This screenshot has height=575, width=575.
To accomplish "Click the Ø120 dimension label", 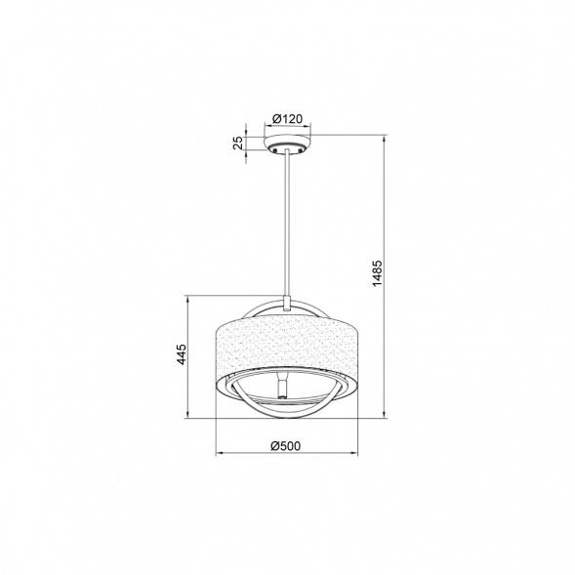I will click(287, 118).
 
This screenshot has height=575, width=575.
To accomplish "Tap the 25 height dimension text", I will click(237, 144).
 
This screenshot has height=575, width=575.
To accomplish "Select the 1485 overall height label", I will click(377, 277).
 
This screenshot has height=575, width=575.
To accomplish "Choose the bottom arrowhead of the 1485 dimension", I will click(389, 418).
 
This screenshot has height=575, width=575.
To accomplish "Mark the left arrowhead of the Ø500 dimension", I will click(219, 455).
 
